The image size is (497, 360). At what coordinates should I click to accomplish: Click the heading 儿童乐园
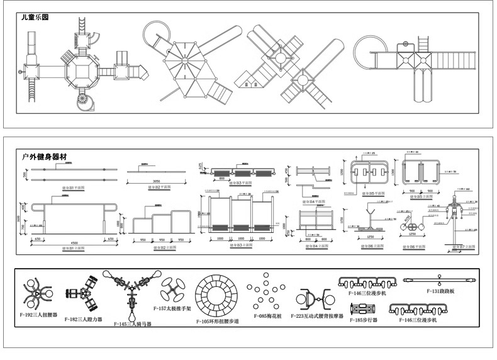36,18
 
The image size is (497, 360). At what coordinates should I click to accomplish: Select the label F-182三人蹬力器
84,319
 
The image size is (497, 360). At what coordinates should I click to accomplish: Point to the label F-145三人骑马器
133,324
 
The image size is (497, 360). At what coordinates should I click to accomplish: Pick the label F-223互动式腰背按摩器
317,317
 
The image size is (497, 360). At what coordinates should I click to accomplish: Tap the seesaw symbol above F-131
438,279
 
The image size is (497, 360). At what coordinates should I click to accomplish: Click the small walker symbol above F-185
364,309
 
